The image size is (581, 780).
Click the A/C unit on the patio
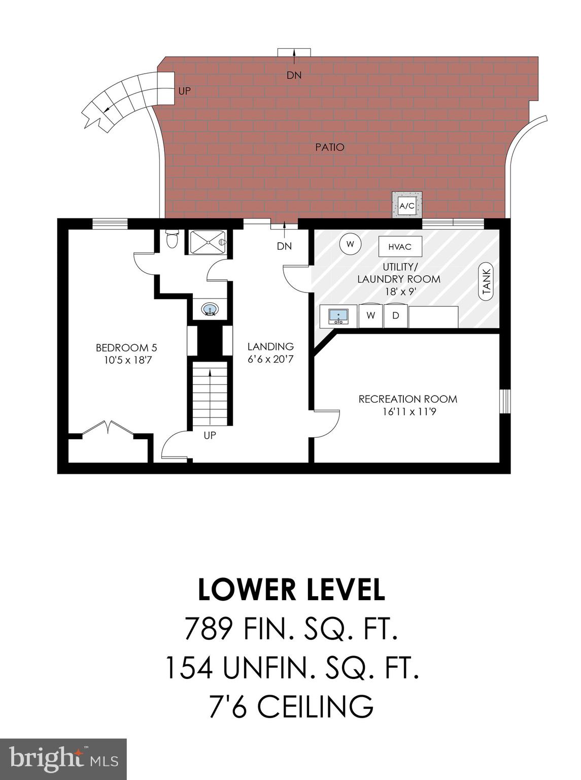point(407,206)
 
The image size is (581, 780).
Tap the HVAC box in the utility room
point(400,247)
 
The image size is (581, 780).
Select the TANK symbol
point(486,283)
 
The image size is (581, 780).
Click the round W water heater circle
point(350,243)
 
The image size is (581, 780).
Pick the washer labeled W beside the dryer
point(371,316)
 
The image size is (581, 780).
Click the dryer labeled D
point(396,316)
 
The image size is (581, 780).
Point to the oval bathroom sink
point(210,309)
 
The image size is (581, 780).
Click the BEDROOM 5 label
point(126,348)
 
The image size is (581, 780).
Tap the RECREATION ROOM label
point(408,399)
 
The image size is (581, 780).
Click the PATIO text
point(330,147)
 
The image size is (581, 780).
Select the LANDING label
point(270,347)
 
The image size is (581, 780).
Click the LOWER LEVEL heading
point(291,590)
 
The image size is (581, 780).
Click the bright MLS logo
point(63,759)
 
